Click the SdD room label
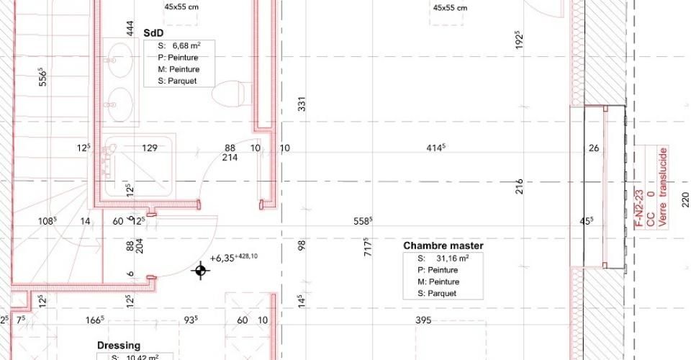tap(153, 33)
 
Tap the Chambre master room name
tap(443, 246)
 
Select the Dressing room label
tap(119, 346)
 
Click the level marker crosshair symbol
tap(201, 271)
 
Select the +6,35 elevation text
tap(222, 258)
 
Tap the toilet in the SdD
tap(228, 94)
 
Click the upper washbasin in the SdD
tap(119, 60)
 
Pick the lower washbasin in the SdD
tap(119, 104)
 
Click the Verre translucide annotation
tap(663, 187)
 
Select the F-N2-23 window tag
tap(640, 208)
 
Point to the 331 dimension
tap(302, 104)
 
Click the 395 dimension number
tap(423, 320)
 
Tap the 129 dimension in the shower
tap(150, 148)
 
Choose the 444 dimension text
tap(130, 29)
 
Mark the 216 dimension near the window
tap(519, 186)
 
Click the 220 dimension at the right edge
tap(685, 199)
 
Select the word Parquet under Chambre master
tap(442, 294)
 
